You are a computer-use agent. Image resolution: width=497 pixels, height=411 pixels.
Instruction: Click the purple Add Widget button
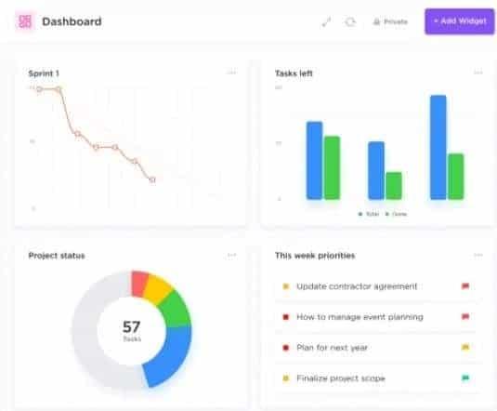(459, 20)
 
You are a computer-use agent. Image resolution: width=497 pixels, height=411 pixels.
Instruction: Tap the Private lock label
(390, 21)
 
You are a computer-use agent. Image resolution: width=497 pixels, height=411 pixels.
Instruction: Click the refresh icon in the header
(350, 21)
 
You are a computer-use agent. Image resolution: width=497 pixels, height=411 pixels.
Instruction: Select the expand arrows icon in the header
(326, 21)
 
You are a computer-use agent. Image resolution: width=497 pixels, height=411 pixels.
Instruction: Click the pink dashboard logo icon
(24, 20)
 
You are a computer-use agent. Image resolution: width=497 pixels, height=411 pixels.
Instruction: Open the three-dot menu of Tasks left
(477, 73)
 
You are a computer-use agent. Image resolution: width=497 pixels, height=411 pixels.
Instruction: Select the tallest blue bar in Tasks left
(438, 147)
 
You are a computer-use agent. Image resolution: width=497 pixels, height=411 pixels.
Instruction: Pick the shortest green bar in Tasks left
(394, 185)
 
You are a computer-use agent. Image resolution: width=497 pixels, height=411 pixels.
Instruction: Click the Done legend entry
(397, 214)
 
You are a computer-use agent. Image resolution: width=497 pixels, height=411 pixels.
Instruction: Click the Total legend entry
(370, 214)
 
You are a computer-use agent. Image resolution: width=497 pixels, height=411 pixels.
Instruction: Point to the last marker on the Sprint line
(152, 179)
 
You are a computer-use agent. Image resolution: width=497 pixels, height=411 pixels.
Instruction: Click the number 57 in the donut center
(131, 326)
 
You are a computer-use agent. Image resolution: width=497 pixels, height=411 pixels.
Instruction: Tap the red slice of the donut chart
(140, 283)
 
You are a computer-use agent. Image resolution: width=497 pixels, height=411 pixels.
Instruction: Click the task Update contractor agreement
(356, 286)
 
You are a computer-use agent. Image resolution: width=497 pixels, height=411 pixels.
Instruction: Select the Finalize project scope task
(340, 378)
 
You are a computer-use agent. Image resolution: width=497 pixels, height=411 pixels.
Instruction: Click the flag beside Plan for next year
(465, 348)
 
